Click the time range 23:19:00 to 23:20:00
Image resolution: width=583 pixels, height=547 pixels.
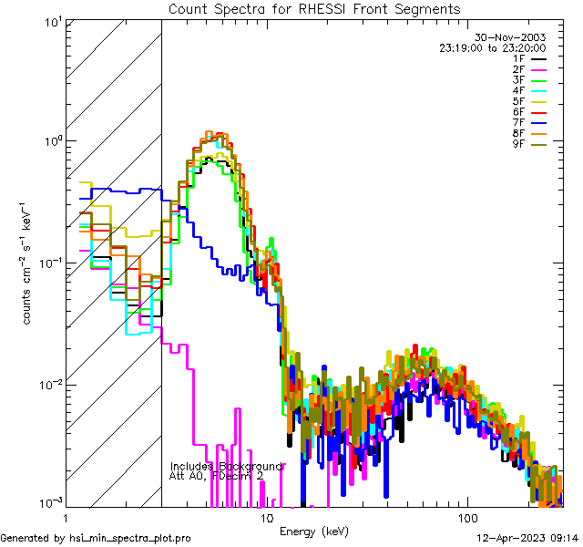tap(493, 47)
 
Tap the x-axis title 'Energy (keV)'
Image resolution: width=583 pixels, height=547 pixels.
tap(314, 531)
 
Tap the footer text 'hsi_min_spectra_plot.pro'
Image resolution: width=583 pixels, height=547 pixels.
tap(130, 539)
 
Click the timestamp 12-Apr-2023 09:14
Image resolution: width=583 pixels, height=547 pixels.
tap(525, 539)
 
